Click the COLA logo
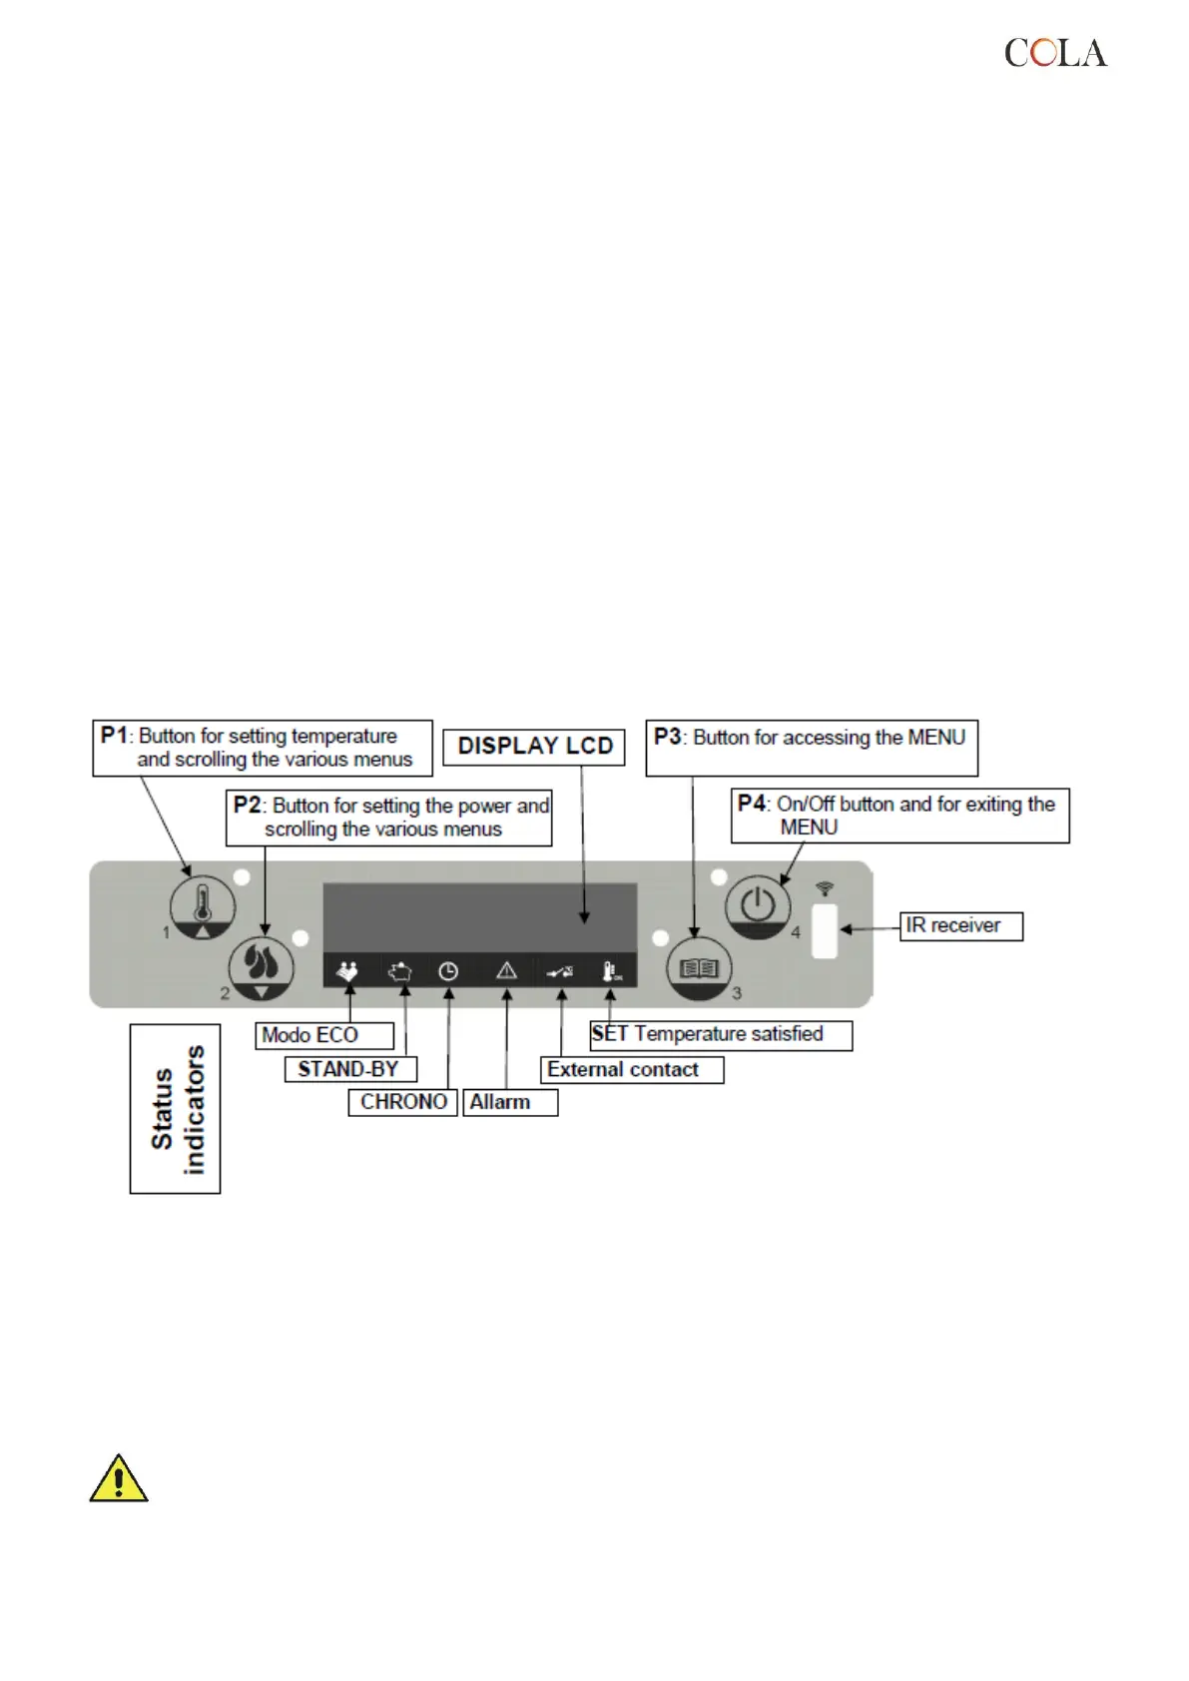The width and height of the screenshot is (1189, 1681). [x=1055, y=53]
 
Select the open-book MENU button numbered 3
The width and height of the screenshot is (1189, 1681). [x=699, y=968]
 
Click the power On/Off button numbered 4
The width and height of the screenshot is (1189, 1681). [x=758, y=906]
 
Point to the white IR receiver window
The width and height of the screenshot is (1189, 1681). [x=825, y=930]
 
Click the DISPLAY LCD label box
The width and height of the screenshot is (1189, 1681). [x=534, y=747]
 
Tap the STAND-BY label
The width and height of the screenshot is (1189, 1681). [x=348, y=1069]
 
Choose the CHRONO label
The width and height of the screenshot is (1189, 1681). [x=403, y=1102]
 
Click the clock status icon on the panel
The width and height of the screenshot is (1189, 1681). [x=448, y=970]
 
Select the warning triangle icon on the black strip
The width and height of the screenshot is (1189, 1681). [x=506, y=970]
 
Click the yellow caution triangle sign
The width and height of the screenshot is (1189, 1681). [x=119, y=1479]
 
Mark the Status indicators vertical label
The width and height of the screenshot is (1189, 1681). [x=176, y=1109]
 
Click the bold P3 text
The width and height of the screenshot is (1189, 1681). [x=667, y=737]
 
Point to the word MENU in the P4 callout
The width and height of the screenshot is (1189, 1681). [x=809, y=828]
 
